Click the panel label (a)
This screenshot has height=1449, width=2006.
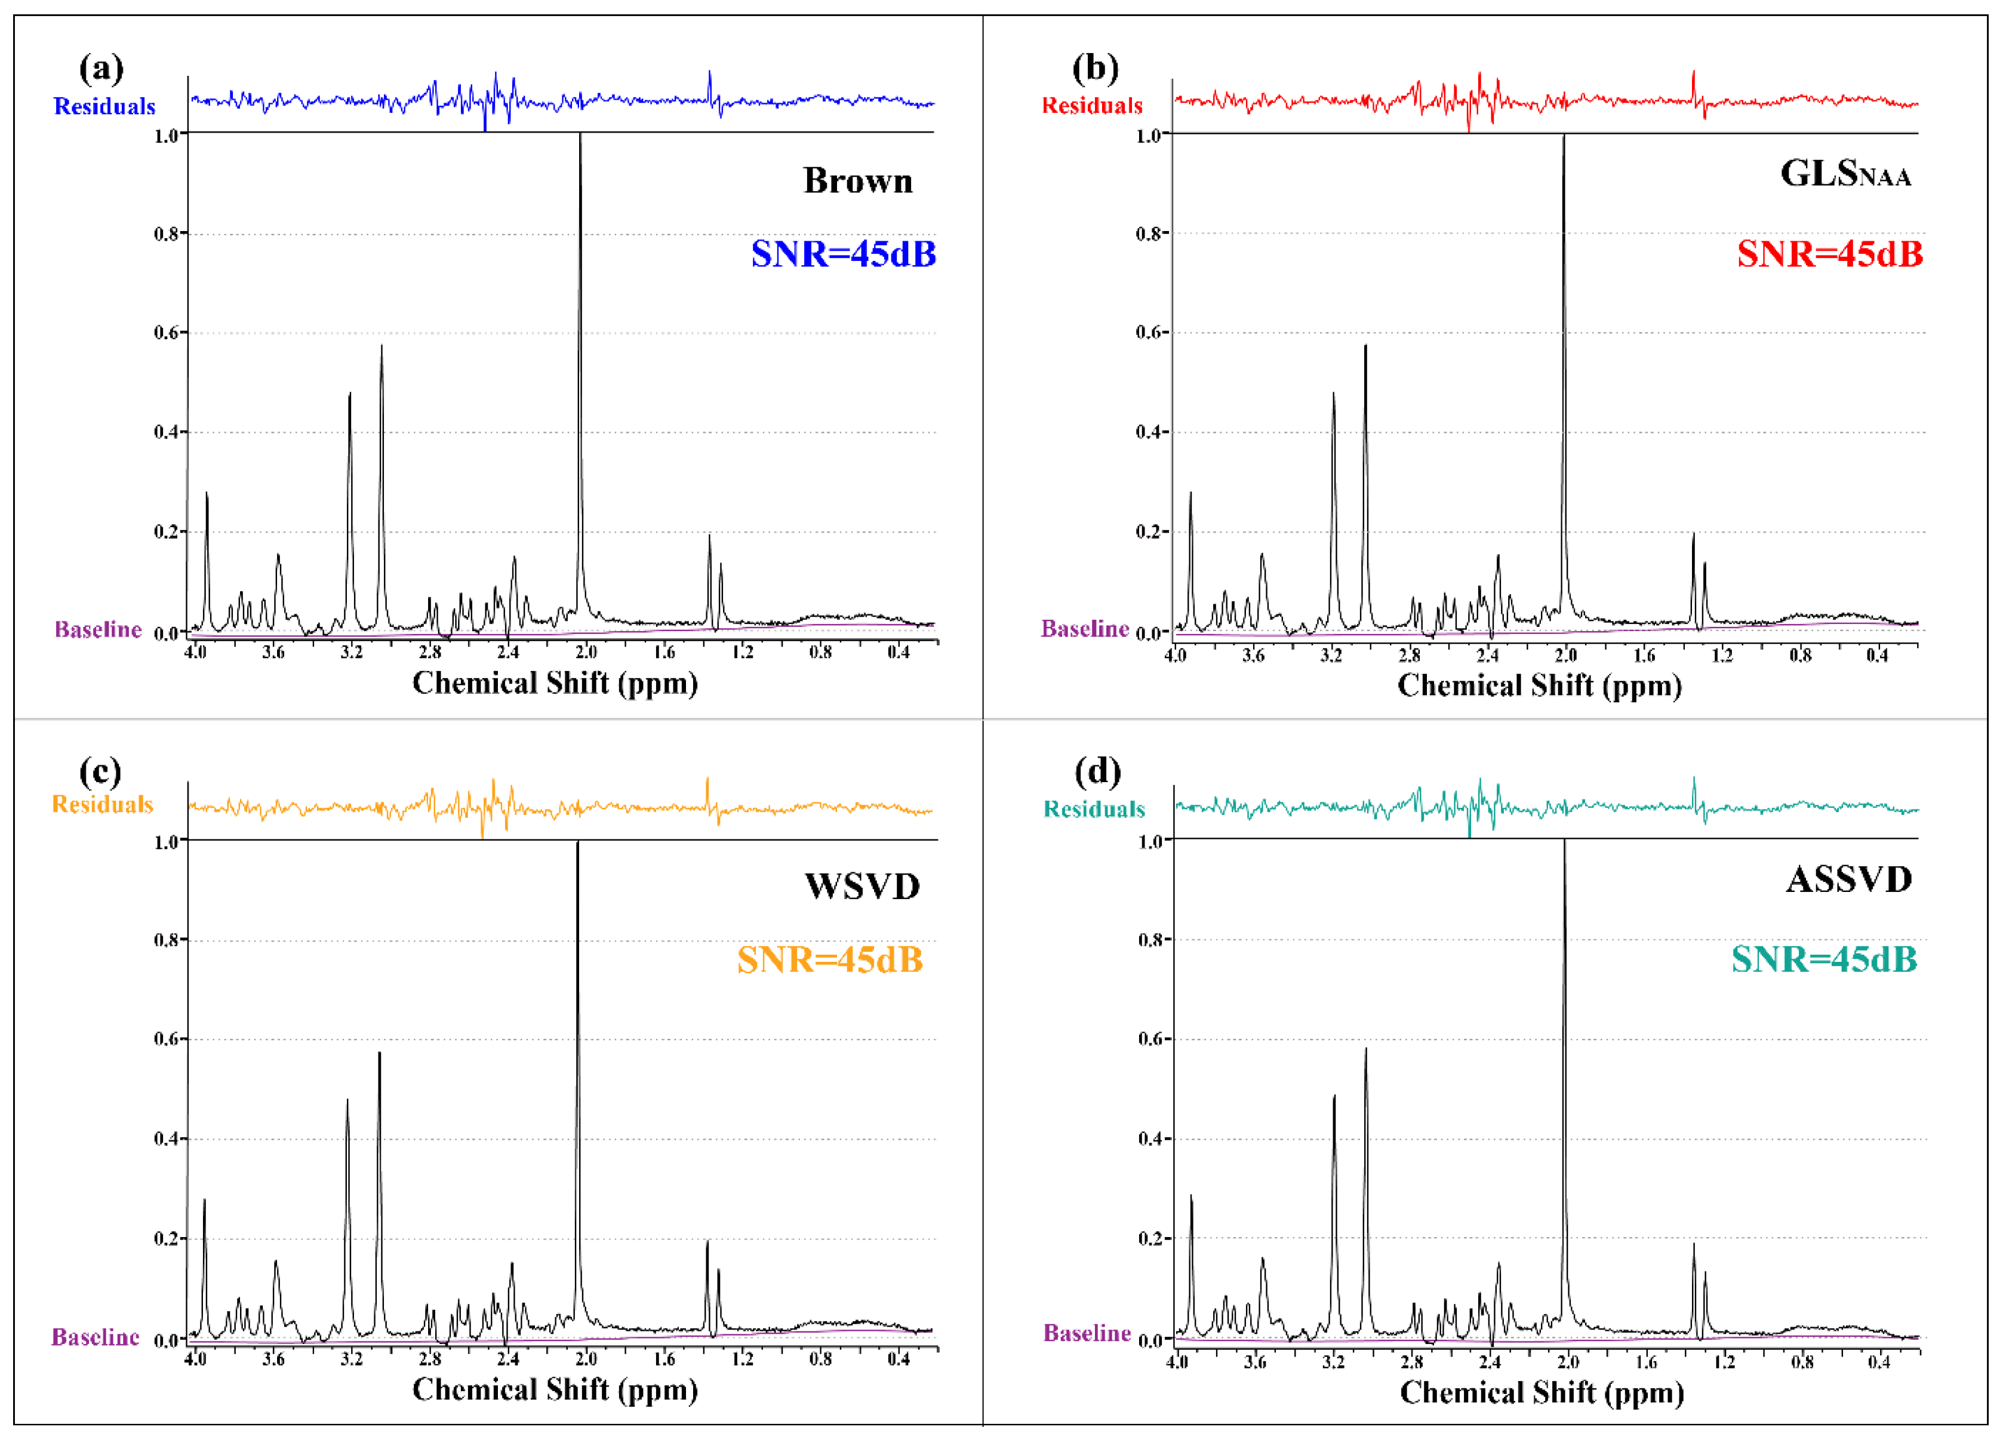click(x=101, y=68)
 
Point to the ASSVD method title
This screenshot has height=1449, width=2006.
click(x=1848, y=879)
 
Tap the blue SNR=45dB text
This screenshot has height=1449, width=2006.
click(x=843, y=254)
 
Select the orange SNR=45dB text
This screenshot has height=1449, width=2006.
click(x=830, y=960)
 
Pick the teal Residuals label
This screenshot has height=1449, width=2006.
click(x=1094, y=810)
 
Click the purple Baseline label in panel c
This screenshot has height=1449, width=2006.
click(x=96, y=1337)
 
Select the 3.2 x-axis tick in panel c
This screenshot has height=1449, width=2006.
click(x=351, y=1359)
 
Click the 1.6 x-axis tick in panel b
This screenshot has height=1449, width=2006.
click(x=1644, y=656)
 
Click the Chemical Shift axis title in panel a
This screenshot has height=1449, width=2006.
click(x=555, y=683)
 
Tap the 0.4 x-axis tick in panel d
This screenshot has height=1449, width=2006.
click(x=1879, y=1362)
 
